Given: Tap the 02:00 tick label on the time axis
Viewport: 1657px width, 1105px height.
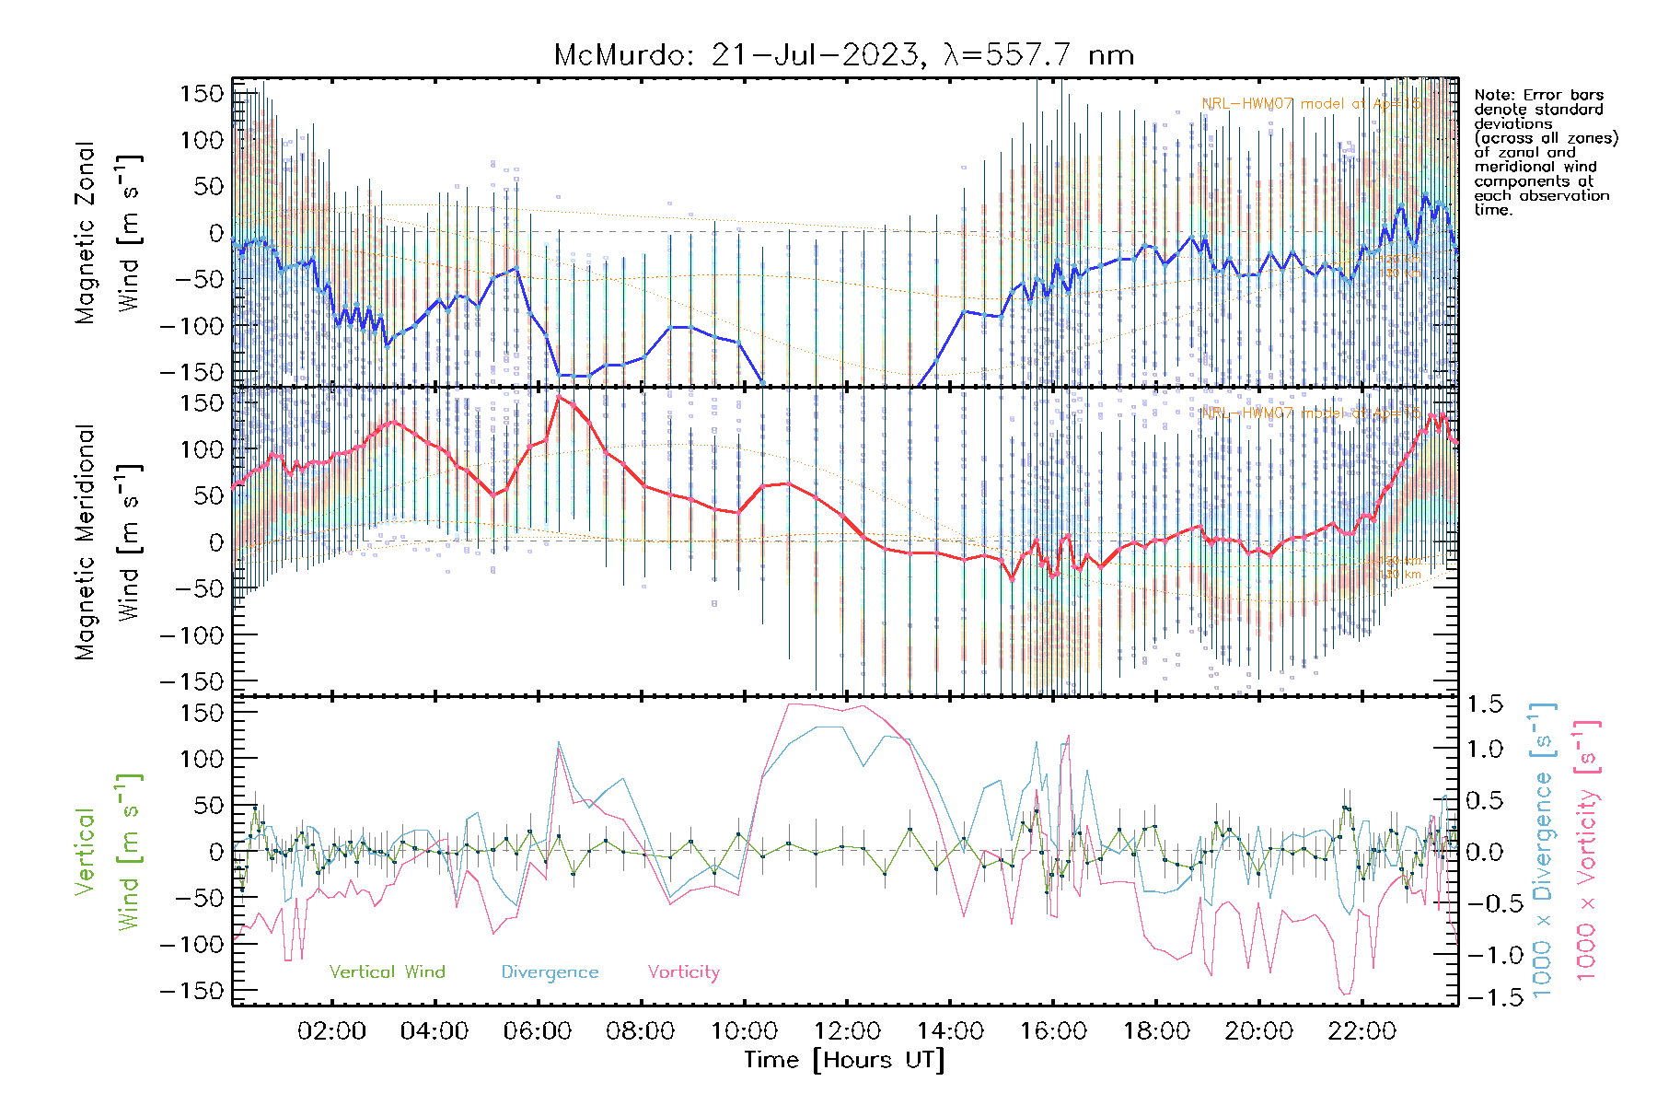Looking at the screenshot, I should (x=331, y=1031).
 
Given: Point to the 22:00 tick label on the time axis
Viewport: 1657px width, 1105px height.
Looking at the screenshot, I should (x=1362, y=1031).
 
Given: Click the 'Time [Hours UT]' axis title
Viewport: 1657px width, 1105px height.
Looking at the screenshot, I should (x=844, y=1060).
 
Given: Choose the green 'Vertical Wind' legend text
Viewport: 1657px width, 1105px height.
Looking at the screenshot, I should (x=387, y=972).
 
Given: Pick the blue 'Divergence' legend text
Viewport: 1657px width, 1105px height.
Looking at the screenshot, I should (x=550, y=972).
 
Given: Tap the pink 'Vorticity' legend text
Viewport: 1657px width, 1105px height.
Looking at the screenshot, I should (x=683, y=972).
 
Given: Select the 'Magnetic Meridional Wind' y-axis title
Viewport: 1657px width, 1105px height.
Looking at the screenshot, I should (x=109, y=541).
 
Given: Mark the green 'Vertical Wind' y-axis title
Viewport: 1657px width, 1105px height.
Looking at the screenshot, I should (x=109, y=852).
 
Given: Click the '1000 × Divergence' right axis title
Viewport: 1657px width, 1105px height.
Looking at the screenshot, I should (x=1543, y=852).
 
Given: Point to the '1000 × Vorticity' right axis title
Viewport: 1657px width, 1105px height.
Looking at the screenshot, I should (x=1587, y=852).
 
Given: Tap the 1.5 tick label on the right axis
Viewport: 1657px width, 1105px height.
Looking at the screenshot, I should (x=1484, y=704).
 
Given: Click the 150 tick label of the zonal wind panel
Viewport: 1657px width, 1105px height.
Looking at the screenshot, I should (x=202, y=94).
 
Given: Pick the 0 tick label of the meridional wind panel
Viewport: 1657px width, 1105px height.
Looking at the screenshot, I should (x=215, y=542).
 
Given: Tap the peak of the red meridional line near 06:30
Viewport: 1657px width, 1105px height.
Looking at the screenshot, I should (x=559, y=397).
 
